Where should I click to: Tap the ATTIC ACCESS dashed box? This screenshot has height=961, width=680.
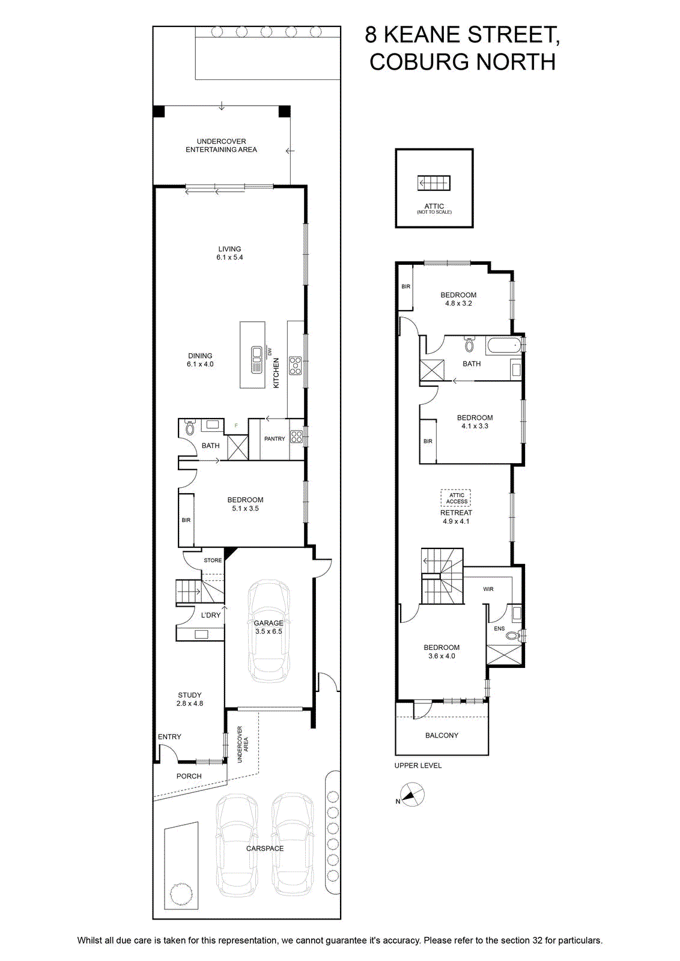click(456, 498)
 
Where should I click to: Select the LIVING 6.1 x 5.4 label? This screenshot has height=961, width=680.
click(229, 253)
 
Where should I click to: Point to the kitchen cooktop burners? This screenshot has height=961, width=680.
click(295, 366)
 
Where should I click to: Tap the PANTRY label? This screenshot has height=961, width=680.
click(275, 438)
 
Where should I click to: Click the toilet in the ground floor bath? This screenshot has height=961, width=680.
click(189, 427)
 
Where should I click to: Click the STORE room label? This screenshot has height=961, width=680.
click(213, 560)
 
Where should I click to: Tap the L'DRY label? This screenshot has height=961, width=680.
click(211, 615)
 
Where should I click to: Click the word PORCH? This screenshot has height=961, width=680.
click(189, 776)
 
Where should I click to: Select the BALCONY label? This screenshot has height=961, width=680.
click(442, 735)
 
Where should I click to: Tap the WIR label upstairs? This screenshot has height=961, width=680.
click(488, 589)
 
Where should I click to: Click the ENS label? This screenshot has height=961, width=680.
click(499, 628)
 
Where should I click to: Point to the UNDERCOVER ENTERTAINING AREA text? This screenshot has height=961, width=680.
click(222, 145)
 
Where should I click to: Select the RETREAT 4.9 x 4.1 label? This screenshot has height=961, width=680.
click(456, 517)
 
